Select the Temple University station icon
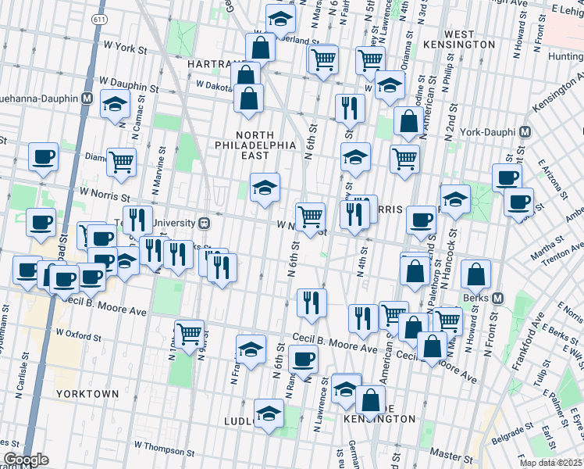[205, 223]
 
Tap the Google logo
[26, 460]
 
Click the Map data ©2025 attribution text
[551, 463]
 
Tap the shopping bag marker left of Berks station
[475, 274]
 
